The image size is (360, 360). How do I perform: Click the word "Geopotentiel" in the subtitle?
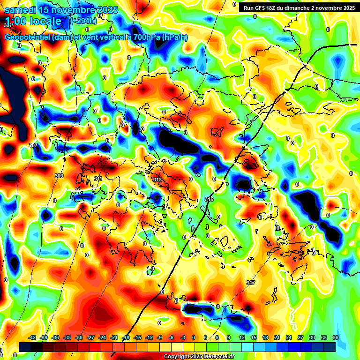point(28,37)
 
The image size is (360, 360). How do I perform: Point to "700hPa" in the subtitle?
point(143,37)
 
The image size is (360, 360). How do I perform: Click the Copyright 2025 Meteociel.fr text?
point(199,357)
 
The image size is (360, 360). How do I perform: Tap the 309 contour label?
point(59,176)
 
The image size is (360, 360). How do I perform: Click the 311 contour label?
point(98,179)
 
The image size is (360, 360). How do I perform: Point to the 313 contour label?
point(157,180)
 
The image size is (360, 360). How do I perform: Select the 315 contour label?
point(209,199)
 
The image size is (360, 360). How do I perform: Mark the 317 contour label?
point(251,283)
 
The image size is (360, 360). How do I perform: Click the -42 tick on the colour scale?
point(32,337)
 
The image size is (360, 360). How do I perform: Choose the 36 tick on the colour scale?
point(335,337)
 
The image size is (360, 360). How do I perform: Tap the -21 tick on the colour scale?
point(114,337)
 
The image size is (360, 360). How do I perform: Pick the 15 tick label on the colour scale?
point(254,337)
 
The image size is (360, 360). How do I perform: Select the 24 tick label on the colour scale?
point(289,337)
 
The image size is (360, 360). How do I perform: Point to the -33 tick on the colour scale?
point(67,337)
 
